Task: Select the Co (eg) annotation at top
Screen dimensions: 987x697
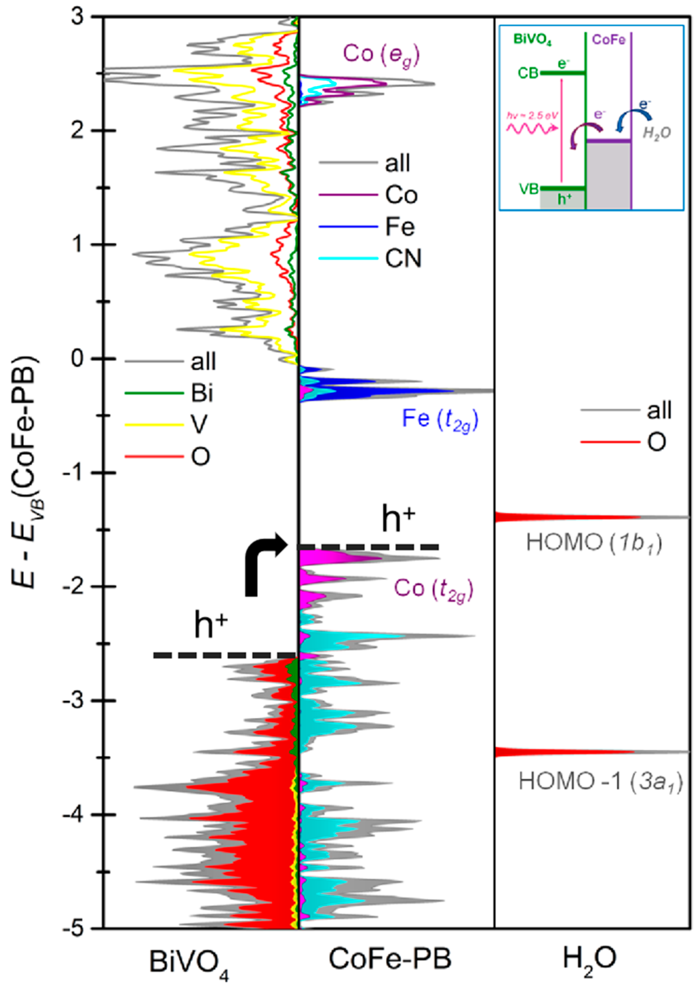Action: coord(381,55)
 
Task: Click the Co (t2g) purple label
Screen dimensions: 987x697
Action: coord(434,589)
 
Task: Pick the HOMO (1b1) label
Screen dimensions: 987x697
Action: coord(594,544)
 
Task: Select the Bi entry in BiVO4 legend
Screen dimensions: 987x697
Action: coord(202,393)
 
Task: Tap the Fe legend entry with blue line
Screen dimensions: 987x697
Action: coord(400,227)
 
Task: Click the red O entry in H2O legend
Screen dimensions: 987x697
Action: coord(656,441)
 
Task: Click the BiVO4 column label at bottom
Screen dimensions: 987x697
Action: coord(189,961)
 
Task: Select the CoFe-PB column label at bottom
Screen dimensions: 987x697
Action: coord(390,958)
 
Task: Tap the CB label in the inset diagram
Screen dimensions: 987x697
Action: coord(528,73)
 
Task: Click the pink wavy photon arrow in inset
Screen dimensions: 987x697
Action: coord(532,128)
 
